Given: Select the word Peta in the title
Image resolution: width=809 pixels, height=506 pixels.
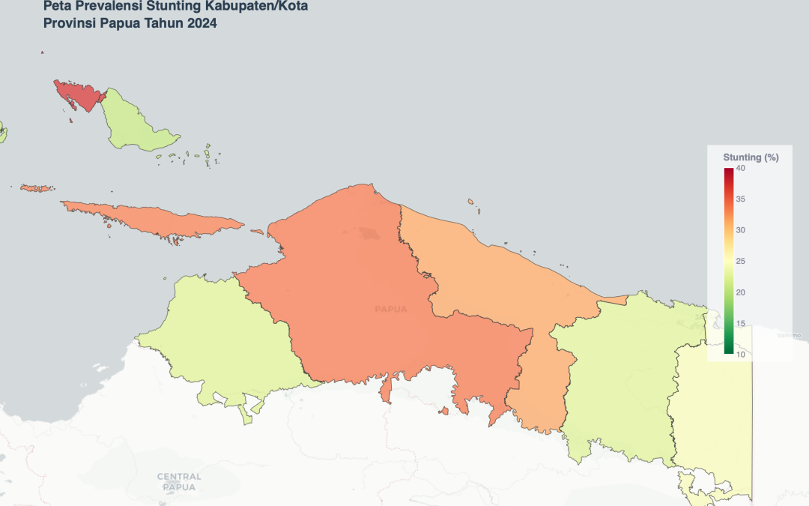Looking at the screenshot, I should tap(56, 6).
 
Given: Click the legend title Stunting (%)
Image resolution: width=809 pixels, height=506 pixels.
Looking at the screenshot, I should tap(751, 157).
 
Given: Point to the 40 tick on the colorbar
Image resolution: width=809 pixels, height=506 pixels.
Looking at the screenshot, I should tap(740, 168).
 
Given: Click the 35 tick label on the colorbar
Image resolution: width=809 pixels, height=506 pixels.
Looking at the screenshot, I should tap(740, 199).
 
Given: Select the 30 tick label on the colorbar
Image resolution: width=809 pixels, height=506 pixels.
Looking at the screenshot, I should tap(740, 230).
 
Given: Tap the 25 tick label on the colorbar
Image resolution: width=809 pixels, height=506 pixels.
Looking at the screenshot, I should tap(740, 261).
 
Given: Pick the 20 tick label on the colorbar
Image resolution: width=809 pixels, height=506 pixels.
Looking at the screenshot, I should tap(740, 292).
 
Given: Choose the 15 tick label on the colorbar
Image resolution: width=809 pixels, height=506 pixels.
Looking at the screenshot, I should tap(740, 323).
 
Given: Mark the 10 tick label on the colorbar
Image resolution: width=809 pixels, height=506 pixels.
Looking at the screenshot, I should tap(740, 355).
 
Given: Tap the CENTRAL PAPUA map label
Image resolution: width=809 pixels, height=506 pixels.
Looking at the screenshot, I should tap(179, 481).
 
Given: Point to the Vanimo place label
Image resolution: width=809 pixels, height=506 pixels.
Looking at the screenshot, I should tap(787, 334).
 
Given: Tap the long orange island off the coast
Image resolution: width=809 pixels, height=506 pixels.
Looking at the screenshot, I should tap(157, 218).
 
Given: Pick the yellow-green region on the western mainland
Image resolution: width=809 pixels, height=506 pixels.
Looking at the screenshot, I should tap(225, 337).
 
